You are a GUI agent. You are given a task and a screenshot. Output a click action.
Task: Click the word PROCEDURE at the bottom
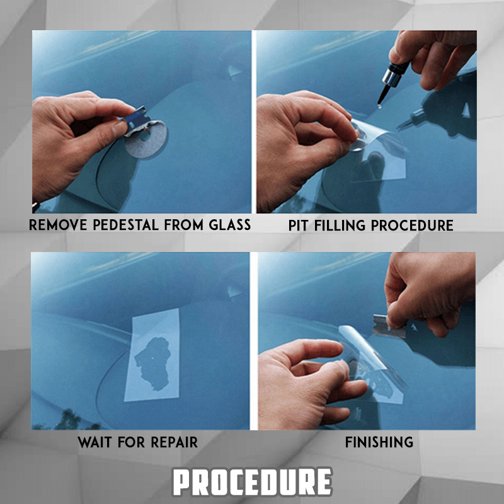(x=252, y=482)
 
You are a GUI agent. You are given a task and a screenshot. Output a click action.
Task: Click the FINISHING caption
(x=379, y=442)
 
